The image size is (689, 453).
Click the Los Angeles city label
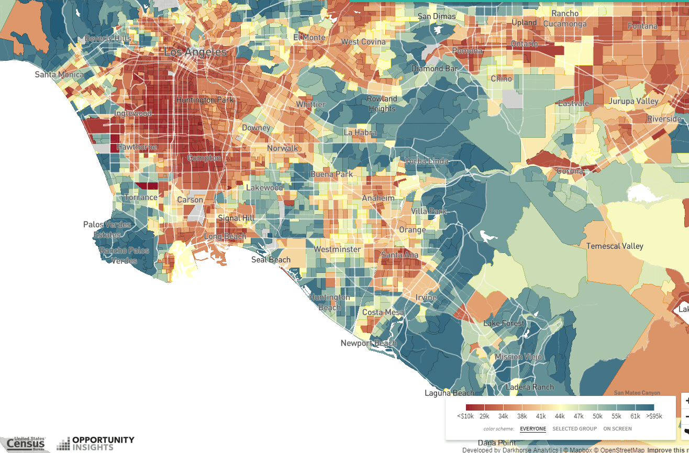click(195, 52)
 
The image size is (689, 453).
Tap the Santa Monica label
click(59, 74)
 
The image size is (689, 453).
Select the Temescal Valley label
click(615, 246)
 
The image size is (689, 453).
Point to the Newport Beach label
click(369, 344)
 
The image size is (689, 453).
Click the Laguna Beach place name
click(449, 393)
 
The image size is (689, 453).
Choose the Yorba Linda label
click(427, 161)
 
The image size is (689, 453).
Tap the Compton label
click(204, 158)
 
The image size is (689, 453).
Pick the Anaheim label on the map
click(378, 198)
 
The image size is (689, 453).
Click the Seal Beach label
click(271, 260)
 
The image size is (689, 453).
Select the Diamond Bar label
click(435, 69)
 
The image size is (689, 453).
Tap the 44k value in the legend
click(560, 416)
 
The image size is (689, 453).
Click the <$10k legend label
click(465, 416)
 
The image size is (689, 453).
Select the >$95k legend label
click(654, 416)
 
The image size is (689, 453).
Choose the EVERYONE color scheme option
click(533, 429)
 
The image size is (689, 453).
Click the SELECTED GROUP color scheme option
click(574, 429)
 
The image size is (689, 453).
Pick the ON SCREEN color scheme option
click(617, 429)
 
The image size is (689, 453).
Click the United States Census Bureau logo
click(25, 444)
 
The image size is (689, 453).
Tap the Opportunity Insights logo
click(96, 443)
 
